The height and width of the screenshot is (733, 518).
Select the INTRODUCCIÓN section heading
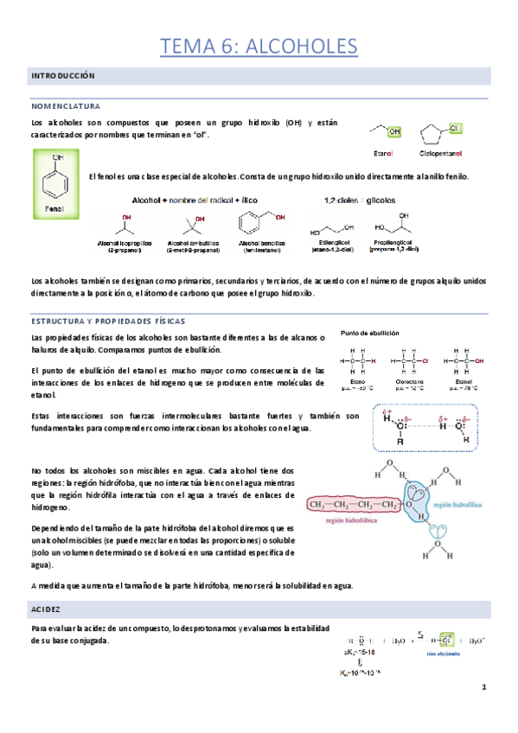tap(62, 77)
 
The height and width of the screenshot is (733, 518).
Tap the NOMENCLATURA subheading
tap(66, 105)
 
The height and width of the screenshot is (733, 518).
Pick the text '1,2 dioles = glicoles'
tap(360, 199)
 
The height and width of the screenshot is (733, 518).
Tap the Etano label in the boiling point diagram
tap(358, 381)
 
